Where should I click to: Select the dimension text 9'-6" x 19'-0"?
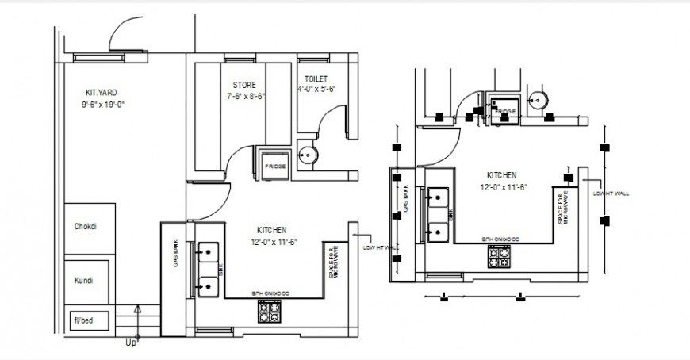click(x=103, y=105)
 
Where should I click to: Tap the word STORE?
click(x=243, y=85)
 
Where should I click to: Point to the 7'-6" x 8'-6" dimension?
click(x=246, y=97)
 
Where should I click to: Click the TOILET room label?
click(x=315, y=79)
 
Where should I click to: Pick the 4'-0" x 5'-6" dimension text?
click(x=317, y=90)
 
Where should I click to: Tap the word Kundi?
click(x=83, y=281)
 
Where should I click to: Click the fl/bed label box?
click(x=83, y=320)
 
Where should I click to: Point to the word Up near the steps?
click(x=131, y=343)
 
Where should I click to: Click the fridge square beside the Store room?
click(x=274, y=165)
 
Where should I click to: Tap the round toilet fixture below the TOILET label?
click(x=309, y=155)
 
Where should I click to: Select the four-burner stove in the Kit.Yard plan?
click(x=268, y=312)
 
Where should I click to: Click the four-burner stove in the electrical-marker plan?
click(x=500, y=257)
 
